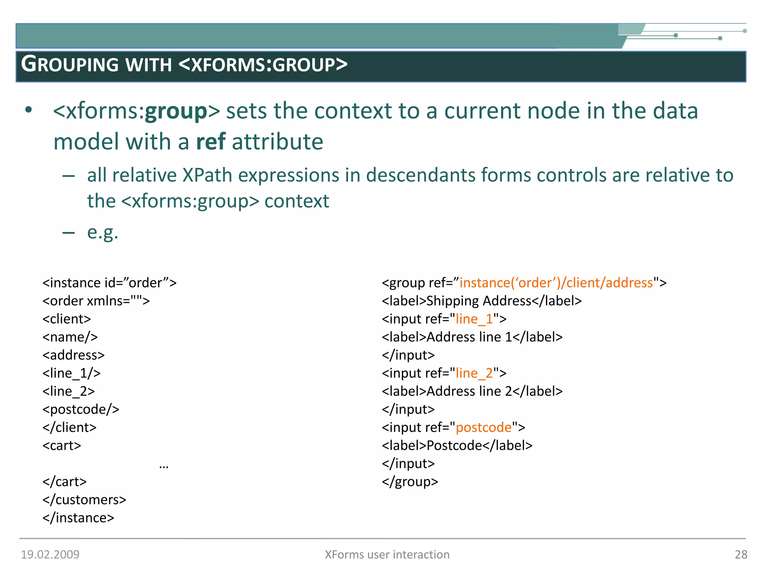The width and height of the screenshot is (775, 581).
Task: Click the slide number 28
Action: tap(741, 554)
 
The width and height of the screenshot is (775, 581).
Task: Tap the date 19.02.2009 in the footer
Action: tap(50, 554)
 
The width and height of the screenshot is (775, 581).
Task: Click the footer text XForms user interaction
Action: tap(387, 554)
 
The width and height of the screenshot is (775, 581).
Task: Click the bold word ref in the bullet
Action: tap(211, 142)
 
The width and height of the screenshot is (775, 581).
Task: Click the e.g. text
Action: tap(103, 232)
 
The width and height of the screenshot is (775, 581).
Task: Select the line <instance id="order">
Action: tap(109, 283)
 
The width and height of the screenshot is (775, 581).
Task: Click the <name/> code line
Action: tap(70, 337)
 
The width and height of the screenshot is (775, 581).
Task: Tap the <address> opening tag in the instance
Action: tap(73, 355)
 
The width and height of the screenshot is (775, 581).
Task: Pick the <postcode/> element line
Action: tap(81, 409)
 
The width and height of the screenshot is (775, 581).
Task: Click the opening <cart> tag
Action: tap(62, 445)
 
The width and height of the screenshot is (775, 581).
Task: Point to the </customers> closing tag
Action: tap(84, 499)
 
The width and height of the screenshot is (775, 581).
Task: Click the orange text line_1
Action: tap(474, 319)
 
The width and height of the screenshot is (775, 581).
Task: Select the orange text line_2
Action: tap(474, 373)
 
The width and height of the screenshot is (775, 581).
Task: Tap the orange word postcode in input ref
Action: tap(483, 427)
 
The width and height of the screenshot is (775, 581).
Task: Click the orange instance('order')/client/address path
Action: tap(556, 283)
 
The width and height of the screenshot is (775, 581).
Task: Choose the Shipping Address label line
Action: tap(481, 301)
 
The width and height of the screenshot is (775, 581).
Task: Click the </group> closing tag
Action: tap(410, 482)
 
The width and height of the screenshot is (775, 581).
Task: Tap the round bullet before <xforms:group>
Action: tap(29, 110)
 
